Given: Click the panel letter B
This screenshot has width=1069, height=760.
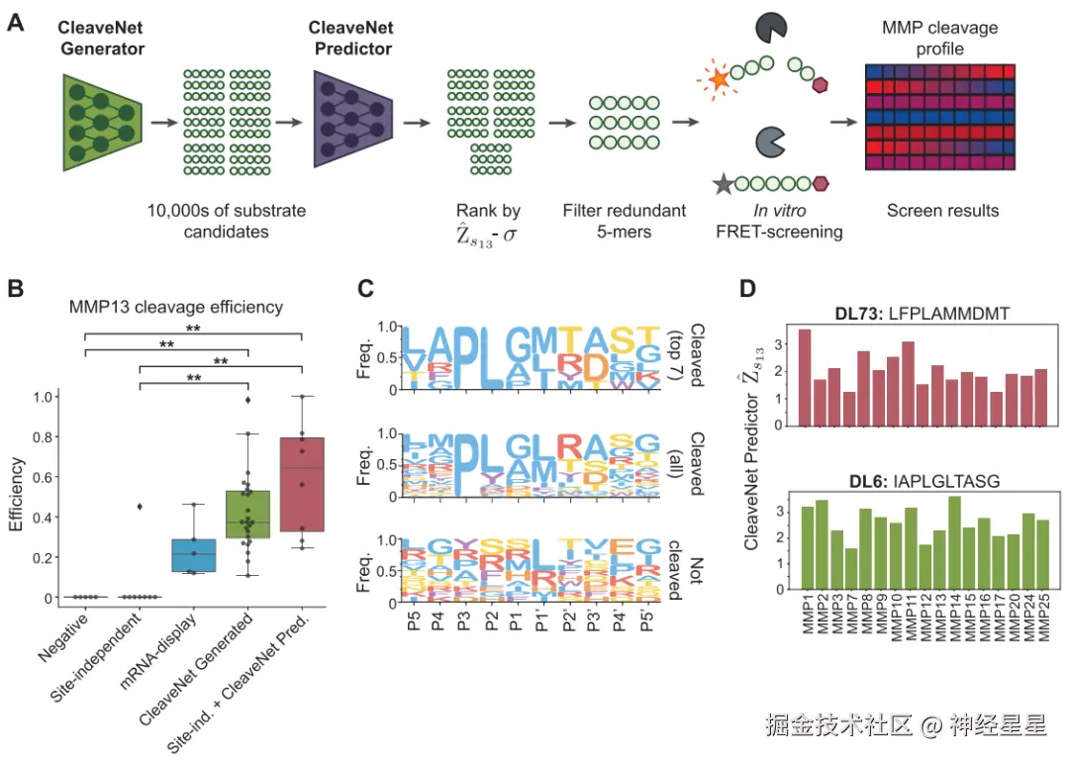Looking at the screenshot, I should [x=16, y=289].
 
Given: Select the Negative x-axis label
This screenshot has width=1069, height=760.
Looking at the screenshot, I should [x=71, y=634].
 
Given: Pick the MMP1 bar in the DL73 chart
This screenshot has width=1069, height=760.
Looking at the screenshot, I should [x=805, y=377].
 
